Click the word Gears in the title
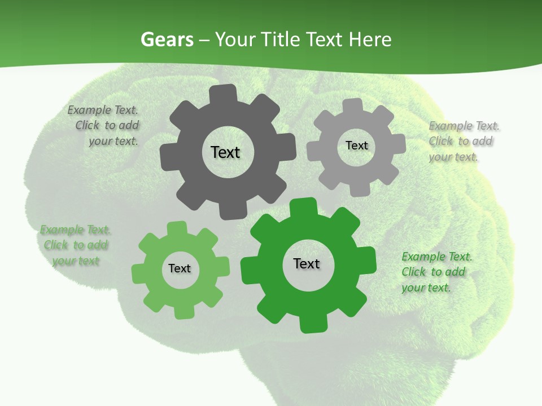click(167, 39)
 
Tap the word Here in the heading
click(370, 39)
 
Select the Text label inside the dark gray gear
click(225, 152)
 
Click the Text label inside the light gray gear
click(356, 145)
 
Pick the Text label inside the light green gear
click(180, 269)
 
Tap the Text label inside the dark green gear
click(307, 264)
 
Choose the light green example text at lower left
click(75, 245)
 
